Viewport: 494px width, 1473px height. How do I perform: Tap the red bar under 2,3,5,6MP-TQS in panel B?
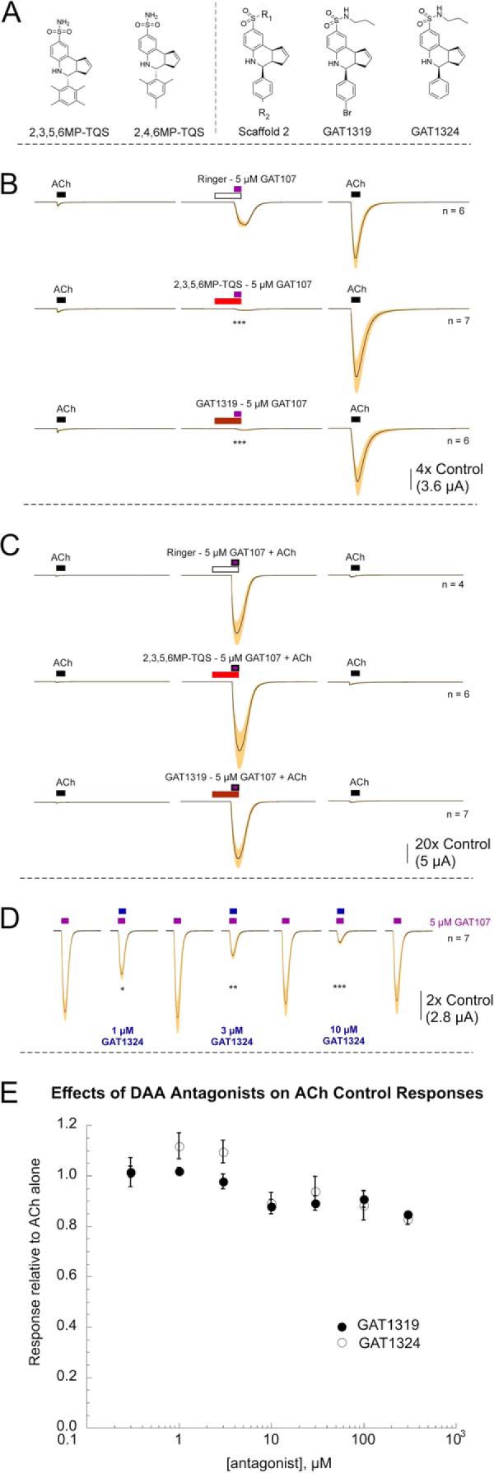[x=226, y=301]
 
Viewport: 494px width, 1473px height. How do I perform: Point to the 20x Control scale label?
[x=449, y=844]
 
